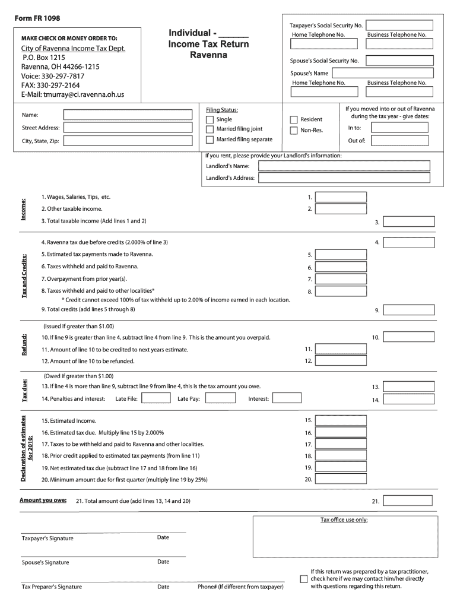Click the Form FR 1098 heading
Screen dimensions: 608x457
37,18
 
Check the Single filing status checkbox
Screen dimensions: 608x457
210,119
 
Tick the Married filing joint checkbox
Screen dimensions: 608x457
210,129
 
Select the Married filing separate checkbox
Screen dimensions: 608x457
210,140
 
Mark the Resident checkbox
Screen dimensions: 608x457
293,120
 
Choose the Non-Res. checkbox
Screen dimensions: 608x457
293,131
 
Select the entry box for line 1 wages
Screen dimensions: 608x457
341,197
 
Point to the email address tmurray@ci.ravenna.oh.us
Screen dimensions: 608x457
72,95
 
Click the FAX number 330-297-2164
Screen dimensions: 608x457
50,85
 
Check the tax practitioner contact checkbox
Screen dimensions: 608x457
304,579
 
